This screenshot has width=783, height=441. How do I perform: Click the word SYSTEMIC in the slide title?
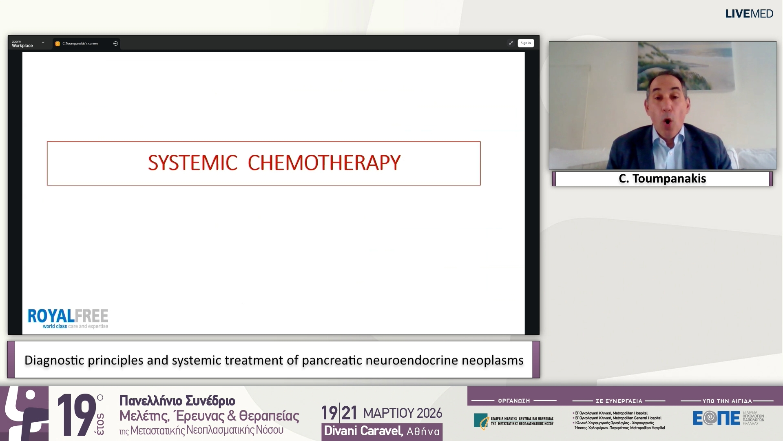pyautogui.click(x=192, y=163)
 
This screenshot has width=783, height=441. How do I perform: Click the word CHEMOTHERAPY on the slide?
pyautogui.click(x=324, y=163)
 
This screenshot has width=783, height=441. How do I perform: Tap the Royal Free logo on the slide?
pyautogui.click(x=68, y=318)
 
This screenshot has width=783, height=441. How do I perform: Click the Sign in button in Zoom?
pyautogui.click(x=525, y=43)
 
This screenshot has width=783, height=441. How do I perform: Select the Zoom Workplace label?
pyautogui.click(x=22, y=44)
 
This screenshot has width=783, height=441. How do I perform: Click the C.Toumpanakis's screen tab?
pyautogui.click(x=80, y=44)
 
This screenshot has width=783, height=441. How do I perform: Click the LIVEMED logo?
pyautogui.click(x=749, y=14)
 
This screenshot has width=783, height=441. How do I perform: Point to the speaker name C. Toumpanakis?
pyautogui.click(x=662, y=179)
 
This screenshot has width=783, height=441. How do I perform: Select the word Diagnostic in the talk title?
pyautogui.click(x=54, y=361)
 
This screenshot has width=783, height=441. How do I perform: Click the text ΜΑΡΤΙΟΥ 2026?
pyautogui.click(x=402, y=413)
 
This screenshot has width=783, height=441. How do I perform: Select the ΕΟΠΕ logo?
pyautogui.click(x=716, y=418)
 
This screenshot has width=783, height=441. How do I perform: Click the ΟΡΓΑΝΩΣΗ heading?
pyautogui.click(x=514, y=401)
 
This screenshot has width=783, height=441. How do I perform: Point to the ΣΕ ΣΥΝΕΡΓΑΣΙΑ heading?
pyautogui.click(x=619, y=401)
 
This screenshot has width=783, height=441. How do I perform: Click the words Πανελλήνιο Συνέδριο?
pyautogui.click(x=177, y=401)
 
